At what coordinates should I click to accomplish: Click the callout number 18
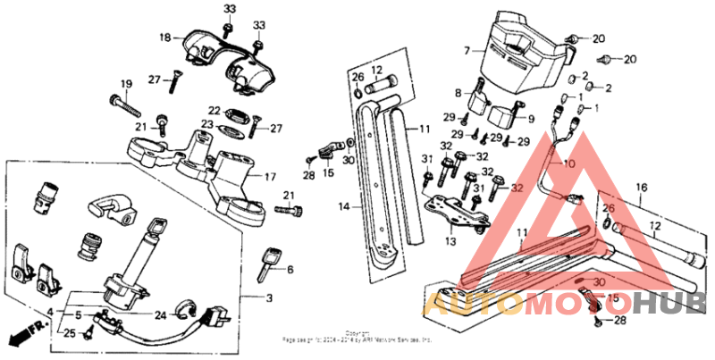click(x=164, y=38)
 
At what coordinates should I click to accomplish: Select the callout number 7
click(x=466, y=51)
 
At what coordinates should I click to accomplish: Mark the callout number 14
click(x=344, y=205)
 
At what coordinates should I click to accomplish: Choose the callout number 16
click(x=640, y=188)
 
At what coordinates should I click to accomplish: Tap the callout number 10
click(x=568, y=164)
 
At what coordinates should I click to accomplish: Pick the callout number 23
click(x=206, y=124)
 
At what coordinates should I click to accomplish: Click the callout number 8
click(x=458, y=92)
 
